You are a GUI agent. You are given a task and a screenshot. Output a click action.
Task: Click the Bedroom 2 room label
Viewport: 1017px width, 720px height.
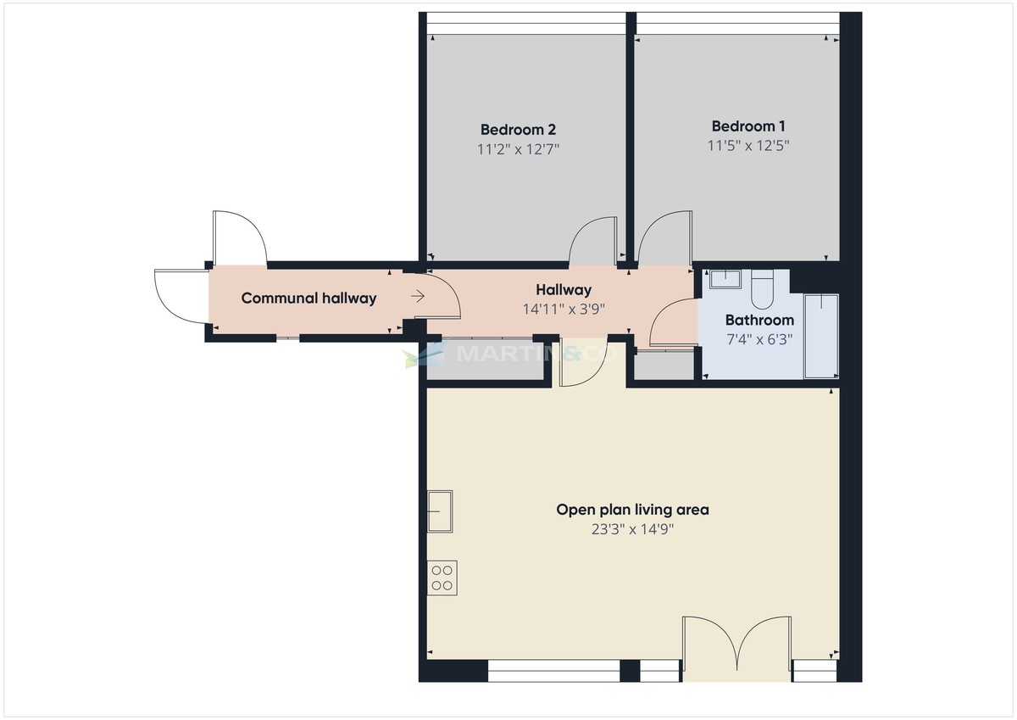tap(518, 130)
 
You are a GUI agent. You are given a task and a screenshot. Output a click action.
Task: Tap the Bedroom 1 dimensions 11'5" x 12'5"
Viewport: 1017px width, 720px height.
tap(748, 145)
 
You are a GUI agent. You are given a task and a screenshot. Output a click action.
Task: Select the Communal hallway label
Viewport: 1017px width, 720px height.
tap(308, 298)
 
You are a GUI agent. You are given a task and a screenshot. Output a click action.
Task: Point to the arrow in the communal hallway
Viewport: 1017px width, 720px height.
tap(418, 296)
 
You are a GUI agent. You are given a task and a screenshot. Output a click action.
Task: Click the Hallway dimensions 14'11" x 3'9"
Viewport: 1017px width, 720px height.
tap(564, 309)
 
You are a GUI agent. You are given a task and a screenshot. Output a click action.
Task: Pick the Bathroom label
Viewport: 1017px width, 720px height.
tap(759, 320)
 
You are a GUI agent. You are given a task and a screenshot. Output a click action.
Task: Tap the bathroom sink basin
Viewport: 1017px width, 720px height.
tap(725, 279)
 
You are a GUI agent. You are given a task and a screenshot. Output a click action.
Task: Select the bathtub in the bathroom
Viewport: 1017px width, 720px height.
tap(820, 335)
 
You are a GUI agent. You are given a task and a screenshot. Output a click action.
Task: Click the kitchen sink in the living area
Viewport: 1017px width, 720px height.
tap(440, 511)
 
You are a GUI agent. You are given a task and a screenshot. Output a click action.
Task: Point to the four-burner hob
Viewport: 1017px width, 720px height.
tap(442, 578)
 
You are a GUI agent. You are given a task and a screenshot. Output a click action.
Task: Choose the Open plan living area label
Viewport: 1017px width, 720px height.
tap(632, 510)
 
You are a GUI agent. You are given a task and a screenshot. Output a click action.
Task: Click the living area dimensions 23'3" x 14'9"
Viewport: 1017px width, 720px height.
tap(632, 529)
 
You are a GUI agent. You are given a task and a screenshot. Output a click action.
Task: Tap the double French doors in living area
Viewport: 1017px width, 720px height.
tap(737, 645)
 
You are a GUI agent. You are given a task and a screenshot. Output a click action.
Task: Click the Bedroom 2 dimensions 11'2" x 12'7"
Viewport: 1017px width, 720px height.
tap(518, 148)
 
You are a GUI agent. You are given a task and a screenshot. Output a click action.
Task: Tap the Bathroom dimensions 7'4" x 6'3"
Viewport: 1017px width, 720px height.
tap(759, 338)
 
